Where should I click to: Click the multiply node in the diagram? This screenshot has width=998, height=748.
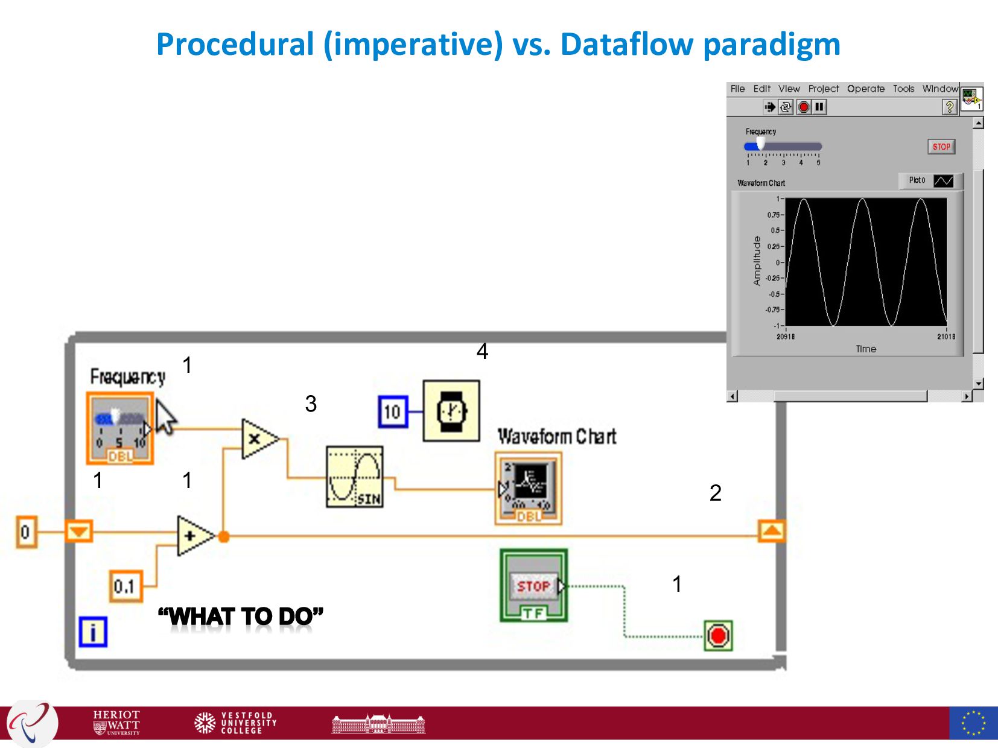point(258,439)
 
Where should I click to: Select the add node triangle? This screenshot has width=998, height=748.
point(194,536)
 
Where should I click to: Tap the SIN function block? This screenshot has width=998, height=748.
point(354,477)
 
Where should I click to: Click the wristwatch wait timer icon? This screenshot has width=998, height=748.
point(451,411)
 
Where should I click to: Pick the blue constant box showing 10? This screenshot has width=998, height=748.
point(393,412)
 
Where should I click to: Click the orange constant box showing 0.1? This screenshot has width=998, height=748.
point(126,586)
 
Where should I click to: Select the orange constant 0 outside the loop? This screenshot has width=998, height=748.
point(26,533)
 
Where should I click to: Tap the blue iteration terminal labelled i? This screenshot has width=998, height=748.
point(93,632)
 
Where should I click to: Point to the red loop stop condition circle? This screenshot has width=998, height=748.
point(718,636)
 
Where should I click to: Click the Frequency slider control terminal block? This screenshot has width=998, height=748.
point(120,428)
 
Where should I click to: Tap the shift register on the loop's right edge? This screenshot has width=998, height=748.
point(772,531)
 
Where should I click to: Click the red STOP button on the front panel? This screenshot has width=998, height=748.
point(941,147)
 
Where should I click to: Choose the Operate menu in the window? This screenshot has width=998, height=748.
point(865,89)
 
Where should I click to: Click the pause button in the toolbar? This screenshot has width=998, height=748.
point(819,107)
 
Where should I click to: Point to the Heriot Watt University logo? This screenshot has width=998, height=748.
point(116,722)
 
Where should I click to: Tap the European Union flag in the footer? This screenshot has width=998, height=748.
point(973,723)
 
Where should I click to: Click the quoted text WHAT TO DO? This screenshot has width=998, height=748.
point(241,616)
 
